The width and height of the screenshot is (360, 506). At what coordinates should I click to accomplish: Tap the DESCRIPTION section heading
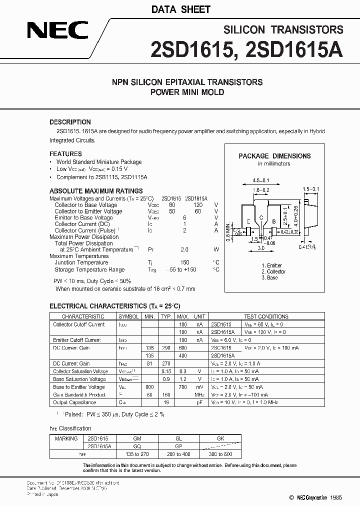(x=70, y=122)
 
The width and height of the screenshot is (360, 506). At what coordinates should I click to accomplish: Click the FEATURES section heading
(x=65, y=154)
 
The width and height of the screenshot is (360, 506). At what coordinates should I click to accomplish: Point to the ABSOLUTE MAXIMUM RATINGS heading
(x=96, y=191)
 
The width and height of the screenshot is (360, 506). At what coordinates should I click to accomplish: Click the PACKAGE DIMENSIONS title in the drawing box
(x=274, y=156)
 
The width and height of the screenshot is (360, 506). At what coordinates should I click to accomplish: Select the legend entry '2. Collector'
(x=273, y=271)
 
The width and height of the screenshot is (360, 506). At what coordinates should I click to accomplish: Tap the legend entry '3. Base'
(x=269, y=277)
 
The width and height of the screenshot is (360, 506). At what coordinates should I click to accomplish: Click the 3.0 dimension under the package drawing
(x=261, y=248)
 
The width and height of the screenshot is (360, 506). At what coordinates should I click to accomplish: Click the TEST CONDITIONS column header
(x=265, y=316)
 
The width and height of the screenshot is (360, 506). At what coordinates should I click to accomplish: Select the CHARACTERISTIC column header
(x=82, y=316)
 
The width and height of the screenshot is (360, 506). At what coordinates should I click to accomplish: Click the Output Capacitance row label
(x=74, y=402)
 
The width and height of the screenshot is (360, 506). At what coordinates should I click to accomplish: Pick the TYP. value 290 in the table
(x=166, y=347)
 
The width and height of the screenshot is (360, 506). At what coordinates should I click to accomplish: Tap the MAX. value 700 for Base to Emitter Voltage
(x=183, y=387)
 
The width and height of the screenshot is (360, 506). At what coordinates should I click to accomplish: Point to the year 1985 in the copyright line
(x=337, y=497)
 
